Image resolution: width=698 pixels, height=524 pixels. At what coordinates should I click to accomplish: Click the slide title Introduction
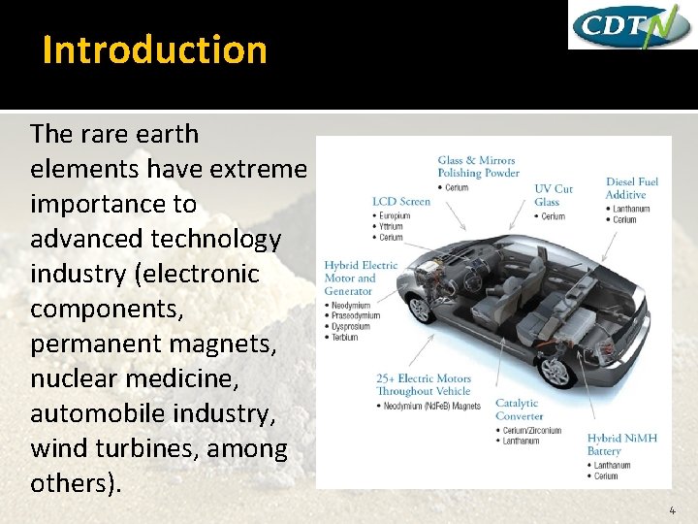click(154, 49)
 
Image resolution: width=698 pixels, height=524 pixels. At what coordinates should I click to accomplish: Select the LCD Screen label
click(401, 202)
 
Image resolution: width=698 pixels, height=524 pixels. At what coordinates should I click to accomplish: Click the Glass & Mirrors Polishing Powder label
click(478, 167)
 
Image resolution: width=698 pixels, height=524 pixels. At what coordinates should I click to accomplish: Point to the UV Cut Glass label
click(554, 195)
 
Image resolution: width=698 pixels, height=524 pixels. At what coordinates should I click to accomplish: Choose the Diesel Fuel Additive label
click(631, 188)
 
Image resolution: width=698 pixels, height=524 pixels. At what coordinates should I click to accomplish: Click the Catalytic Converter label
click(519, 409)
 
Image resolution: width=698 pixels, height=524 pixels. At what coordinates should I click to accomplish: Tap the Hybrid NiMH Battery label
click(621, 444)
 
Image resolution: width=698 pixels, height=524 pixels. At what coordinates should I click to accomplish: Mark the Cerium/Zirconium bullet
click(533, 429)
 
